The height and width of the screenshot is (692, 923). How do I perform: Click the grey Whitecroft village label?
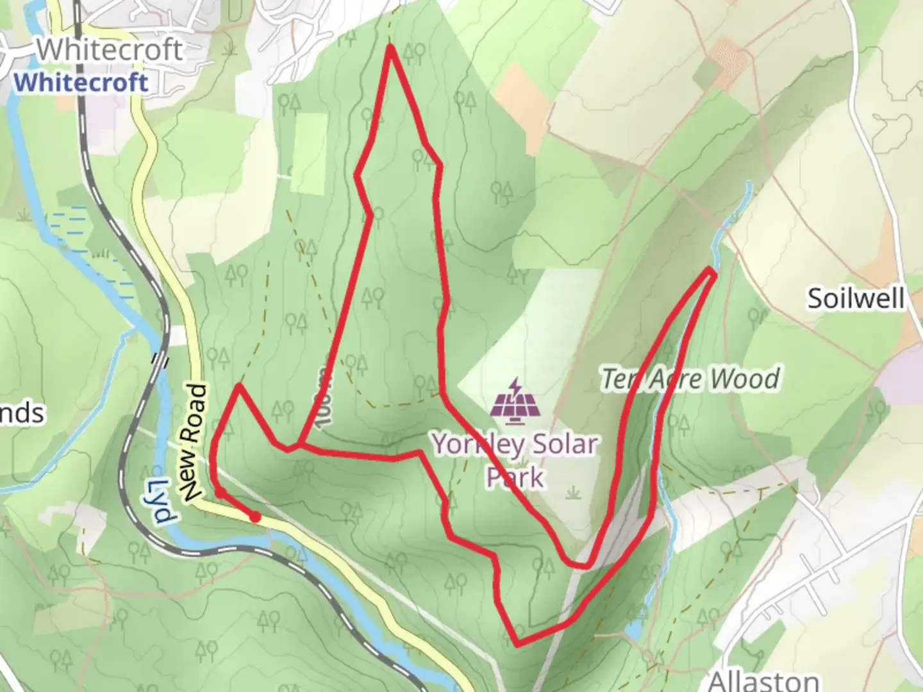pos(109,50)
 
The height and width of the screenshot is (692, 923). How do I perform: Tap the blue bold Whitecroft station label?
pos(81,83)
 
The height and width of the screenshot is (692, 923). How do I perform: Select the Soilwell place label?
pos(855,299)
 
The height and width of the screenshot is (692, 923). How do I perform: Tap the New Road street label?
pos(195,443)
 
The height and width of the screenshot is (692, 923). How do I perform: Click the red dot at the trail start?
pos(255,517)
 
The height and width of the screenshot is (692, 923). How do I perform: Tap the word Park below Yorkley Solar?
pos(515,477)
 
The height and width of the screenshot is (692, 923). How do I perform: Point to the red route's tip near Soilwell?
pos(712,272)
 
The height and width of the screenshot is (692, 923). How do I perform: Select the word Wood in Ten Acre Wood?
pos(745,379)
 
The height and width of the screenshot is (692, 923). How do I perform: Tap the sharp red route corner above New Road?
pos(238,386)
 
